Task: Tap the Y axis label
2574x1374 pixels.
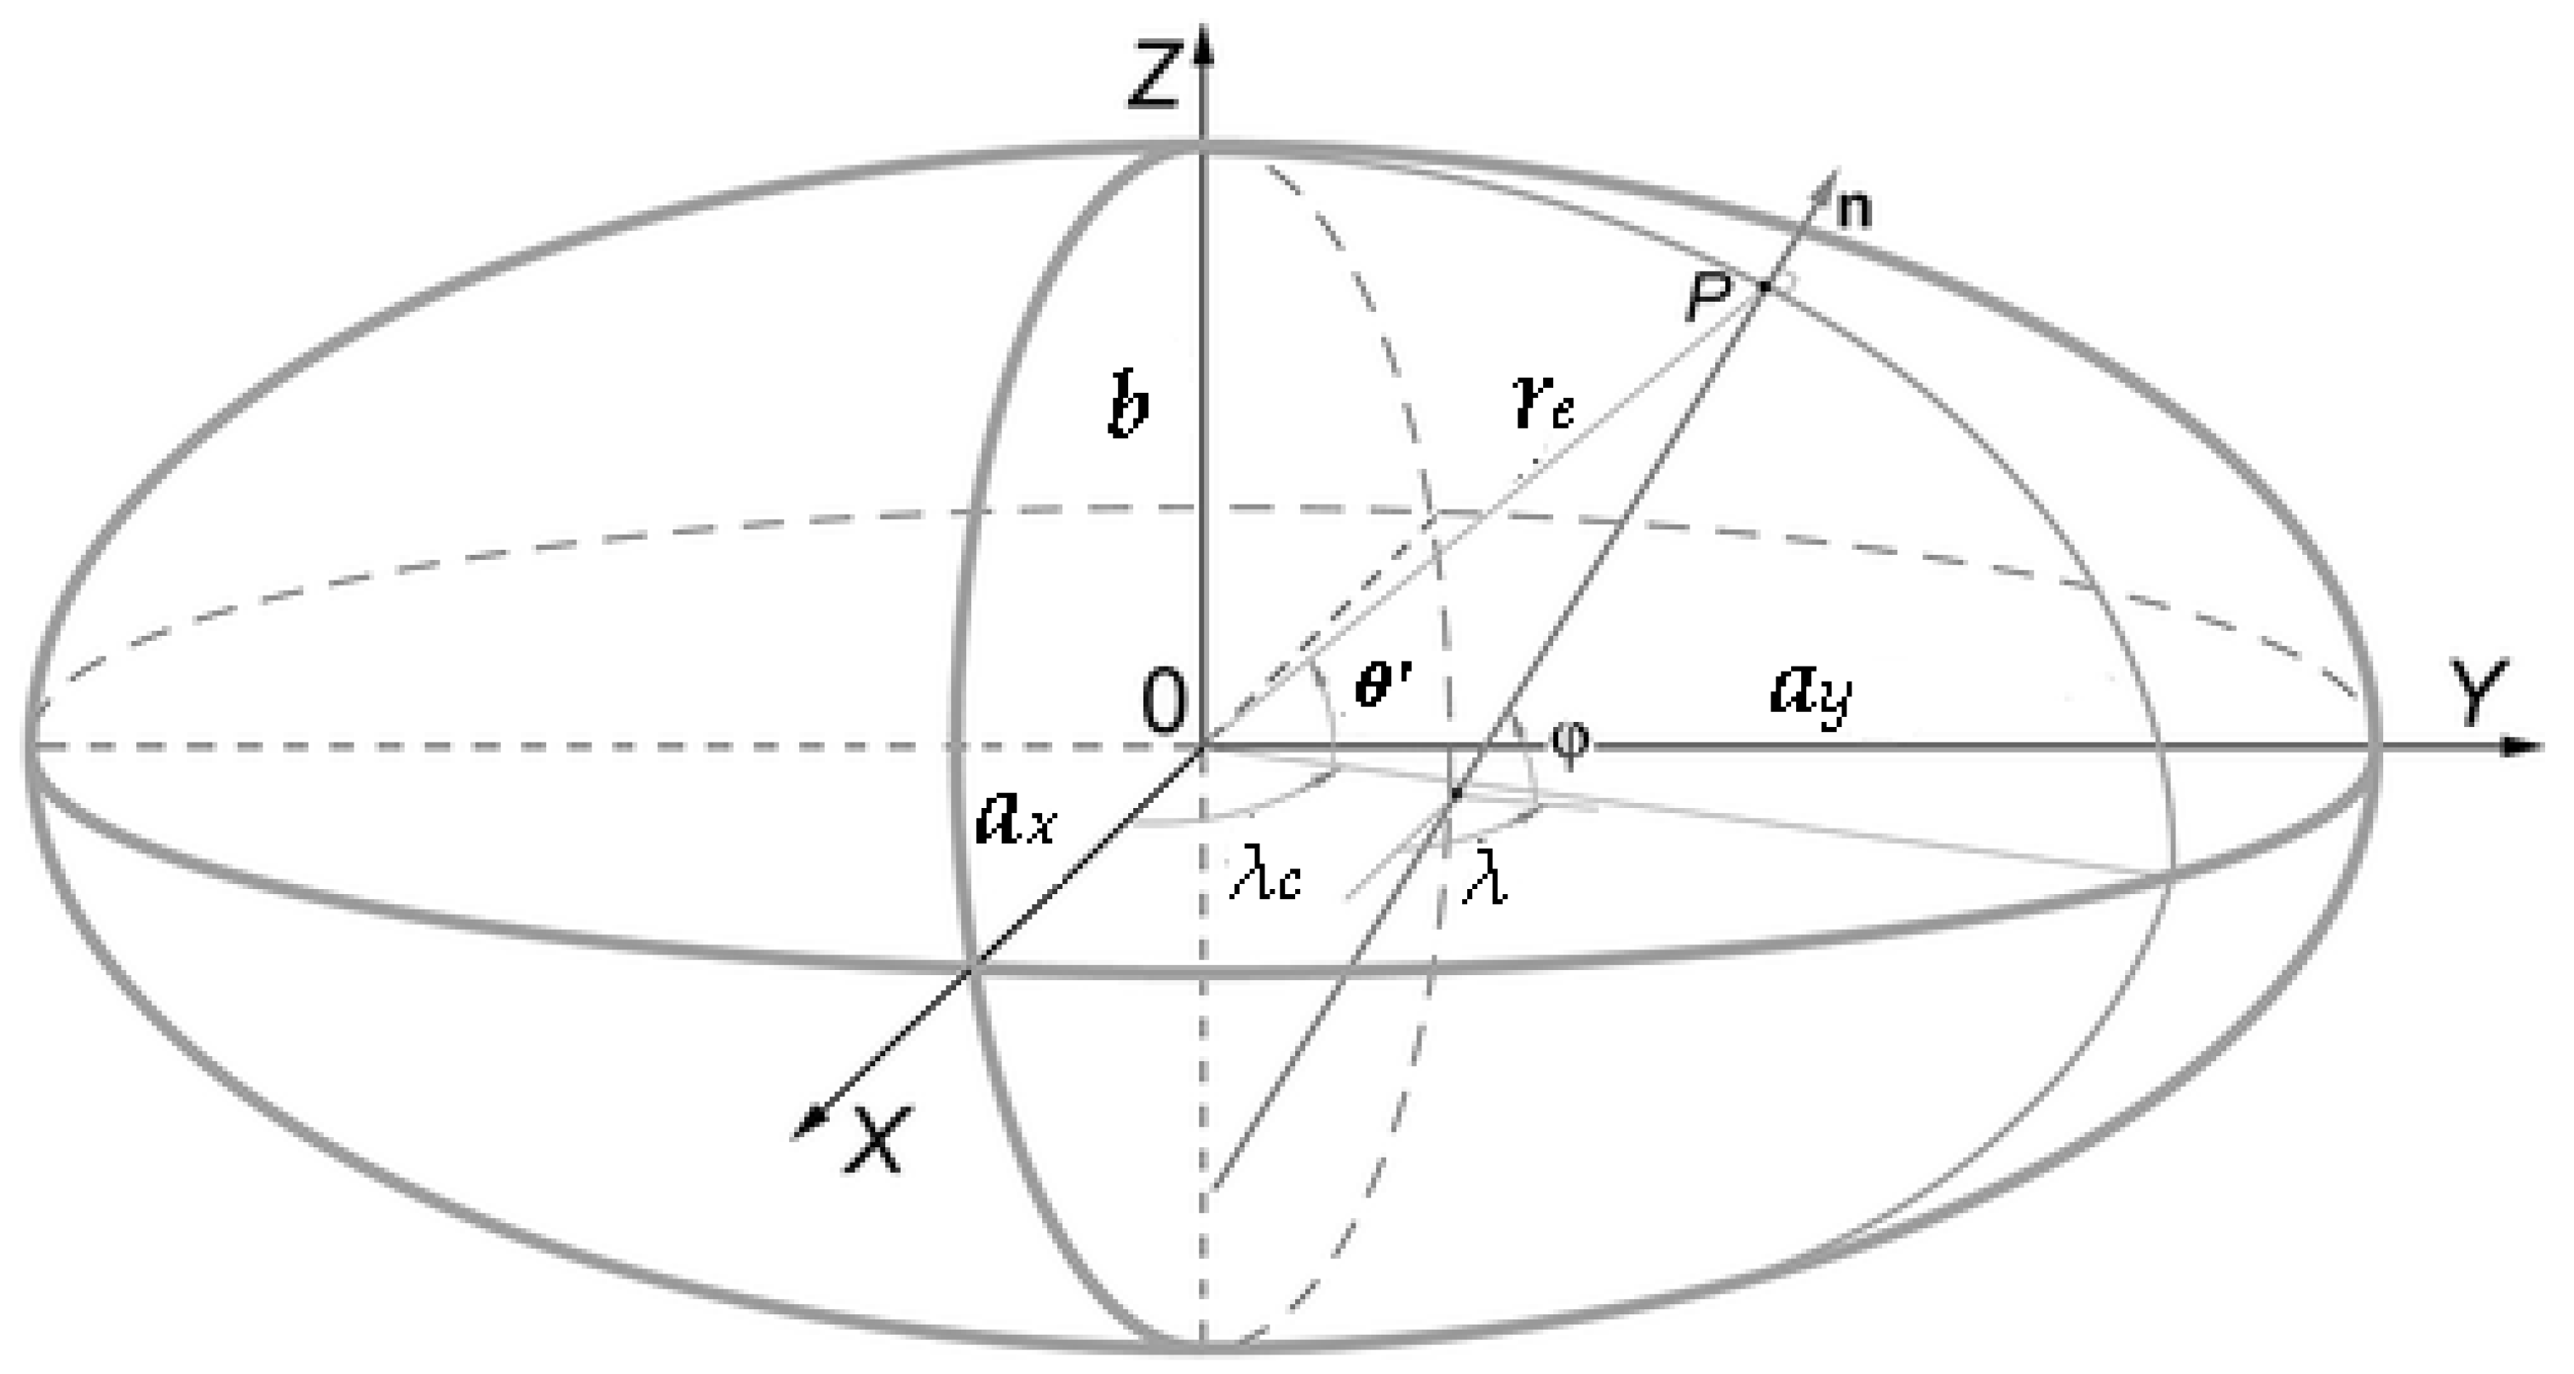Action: [2480, 690]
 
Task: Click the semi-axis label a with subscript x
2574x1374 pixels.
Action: [1013, 818]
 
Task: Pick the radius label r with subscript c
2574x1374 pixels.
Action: [1545, 406]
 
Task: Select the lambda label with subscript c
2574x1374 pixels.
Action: [1265, 880]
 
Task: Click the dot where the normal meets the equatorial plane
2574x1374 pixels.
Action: [1456, 794]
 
